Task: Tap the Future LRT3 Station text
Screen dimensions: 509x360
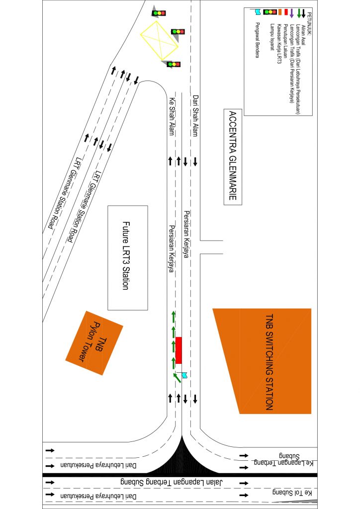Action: pyautogui.click(x=128, y=256)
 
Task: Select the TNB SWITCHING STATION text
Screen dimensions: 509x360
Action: pyautogui.click(x=269, y=362)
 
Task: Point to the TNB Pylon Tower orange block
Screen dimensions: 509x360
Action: pyautogui.click(x=94, y=343)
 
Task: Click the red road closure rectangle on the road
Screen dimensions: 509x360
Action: pyautogui.click(x=179, y=350)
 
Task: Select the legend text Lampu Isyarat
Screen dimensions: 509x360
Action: pyautogui.click(x=271, y=37)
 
